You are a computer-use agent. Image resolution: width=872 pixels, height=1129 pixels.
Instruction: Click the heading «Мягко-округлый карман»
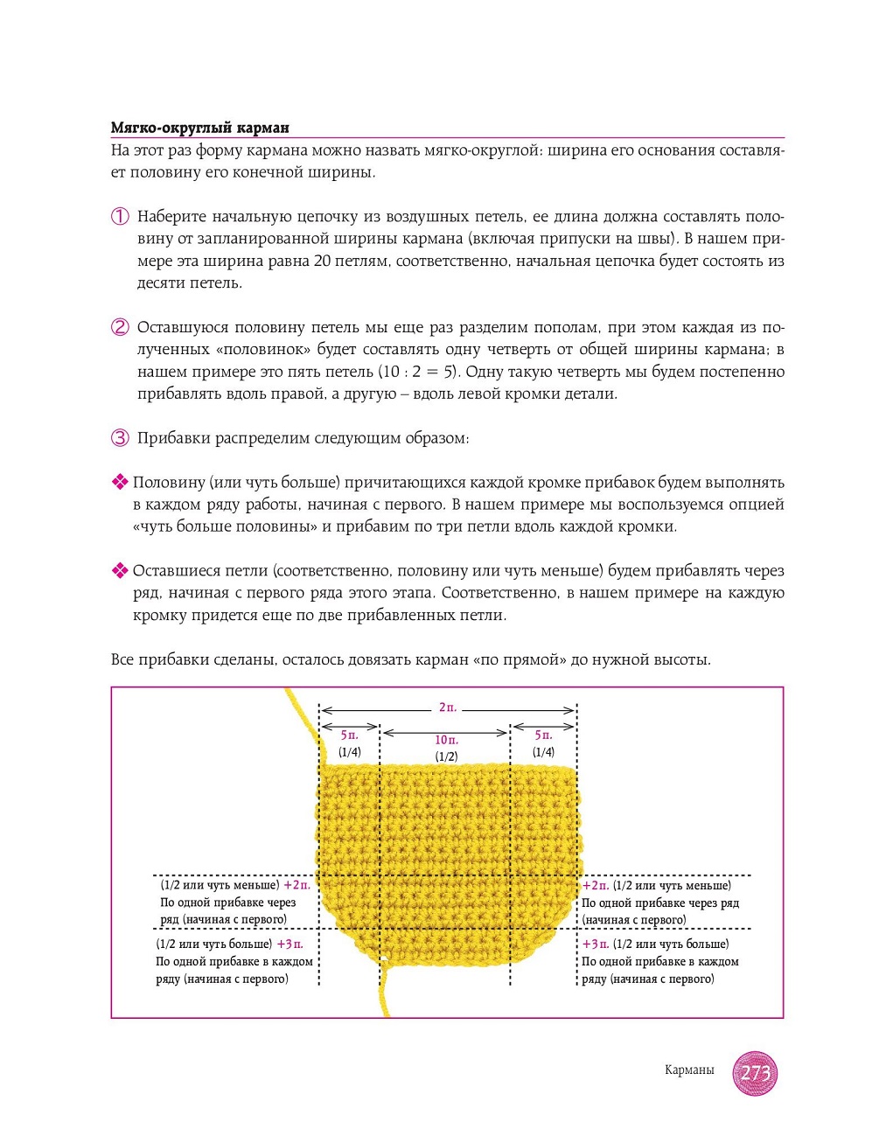[x=199, y=128]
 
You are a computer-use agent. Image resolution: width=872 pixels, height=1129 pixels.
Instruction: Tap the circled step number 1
[x=120, y=217]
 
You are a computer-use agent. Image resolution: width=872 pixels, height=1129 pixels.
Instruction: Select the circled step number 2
[x=120, y=328]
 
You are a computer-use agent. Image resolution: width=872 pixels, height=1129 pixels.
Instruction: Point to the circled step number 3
[x=120, y=438]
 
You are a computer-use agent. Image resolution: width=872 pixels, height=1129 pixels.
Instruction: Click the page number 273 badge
[x=755, y=1072]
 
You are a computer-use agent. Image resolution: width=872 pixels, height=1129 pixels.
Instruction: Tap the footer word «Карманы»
[x=689, y=1070]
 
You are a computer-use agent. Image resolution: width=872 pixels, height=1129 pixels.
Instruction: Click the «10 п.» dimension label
[x=446, y=741]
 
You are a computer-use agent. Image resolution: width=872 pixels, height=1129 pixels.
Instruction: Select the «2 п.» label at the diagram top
[x=447, y=707]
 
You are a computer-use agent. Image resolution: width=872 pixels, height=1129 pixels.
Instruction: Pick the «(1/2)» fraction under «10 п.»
[x=446, y=757]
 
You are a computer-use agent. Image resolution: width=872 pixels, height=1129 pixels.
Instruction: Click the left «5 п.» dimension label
[x=349, y=736]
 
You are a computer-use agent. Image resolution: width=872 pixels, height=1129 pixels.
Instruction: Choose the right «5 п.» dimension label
[x=543, y=736]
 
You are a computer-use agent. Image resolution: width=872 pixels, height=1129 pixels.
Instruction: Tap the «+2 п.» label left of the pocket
[x=296, y=886]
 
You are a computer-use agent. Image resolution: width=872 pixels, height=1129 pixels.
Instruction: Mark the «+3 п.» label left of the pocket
[x=290, y=944]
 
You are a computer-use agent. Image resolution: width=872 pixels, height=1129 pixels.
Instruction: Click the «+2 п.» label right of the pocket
[x=596, y=886]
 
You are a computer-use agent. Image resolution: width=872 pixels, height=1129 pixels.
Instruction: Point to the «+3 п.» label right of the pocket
[x=596, y=944]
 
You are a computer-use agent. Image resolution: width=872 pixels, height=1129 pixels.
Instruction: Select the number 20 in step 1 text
[x=322, y=261]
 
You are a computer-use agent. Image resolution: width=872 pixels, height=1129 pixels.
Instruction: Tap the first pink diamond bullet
[x=120, y=482]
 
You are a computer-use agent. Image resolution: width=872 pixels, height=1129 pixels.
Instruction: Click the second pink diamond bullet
[x=120, y=571]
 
